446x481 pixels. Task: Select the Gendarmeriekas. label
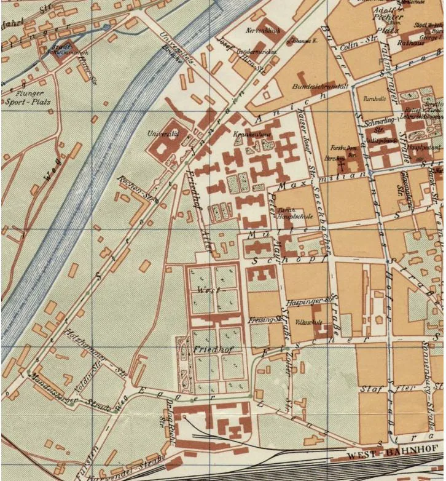coord(256,52)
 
